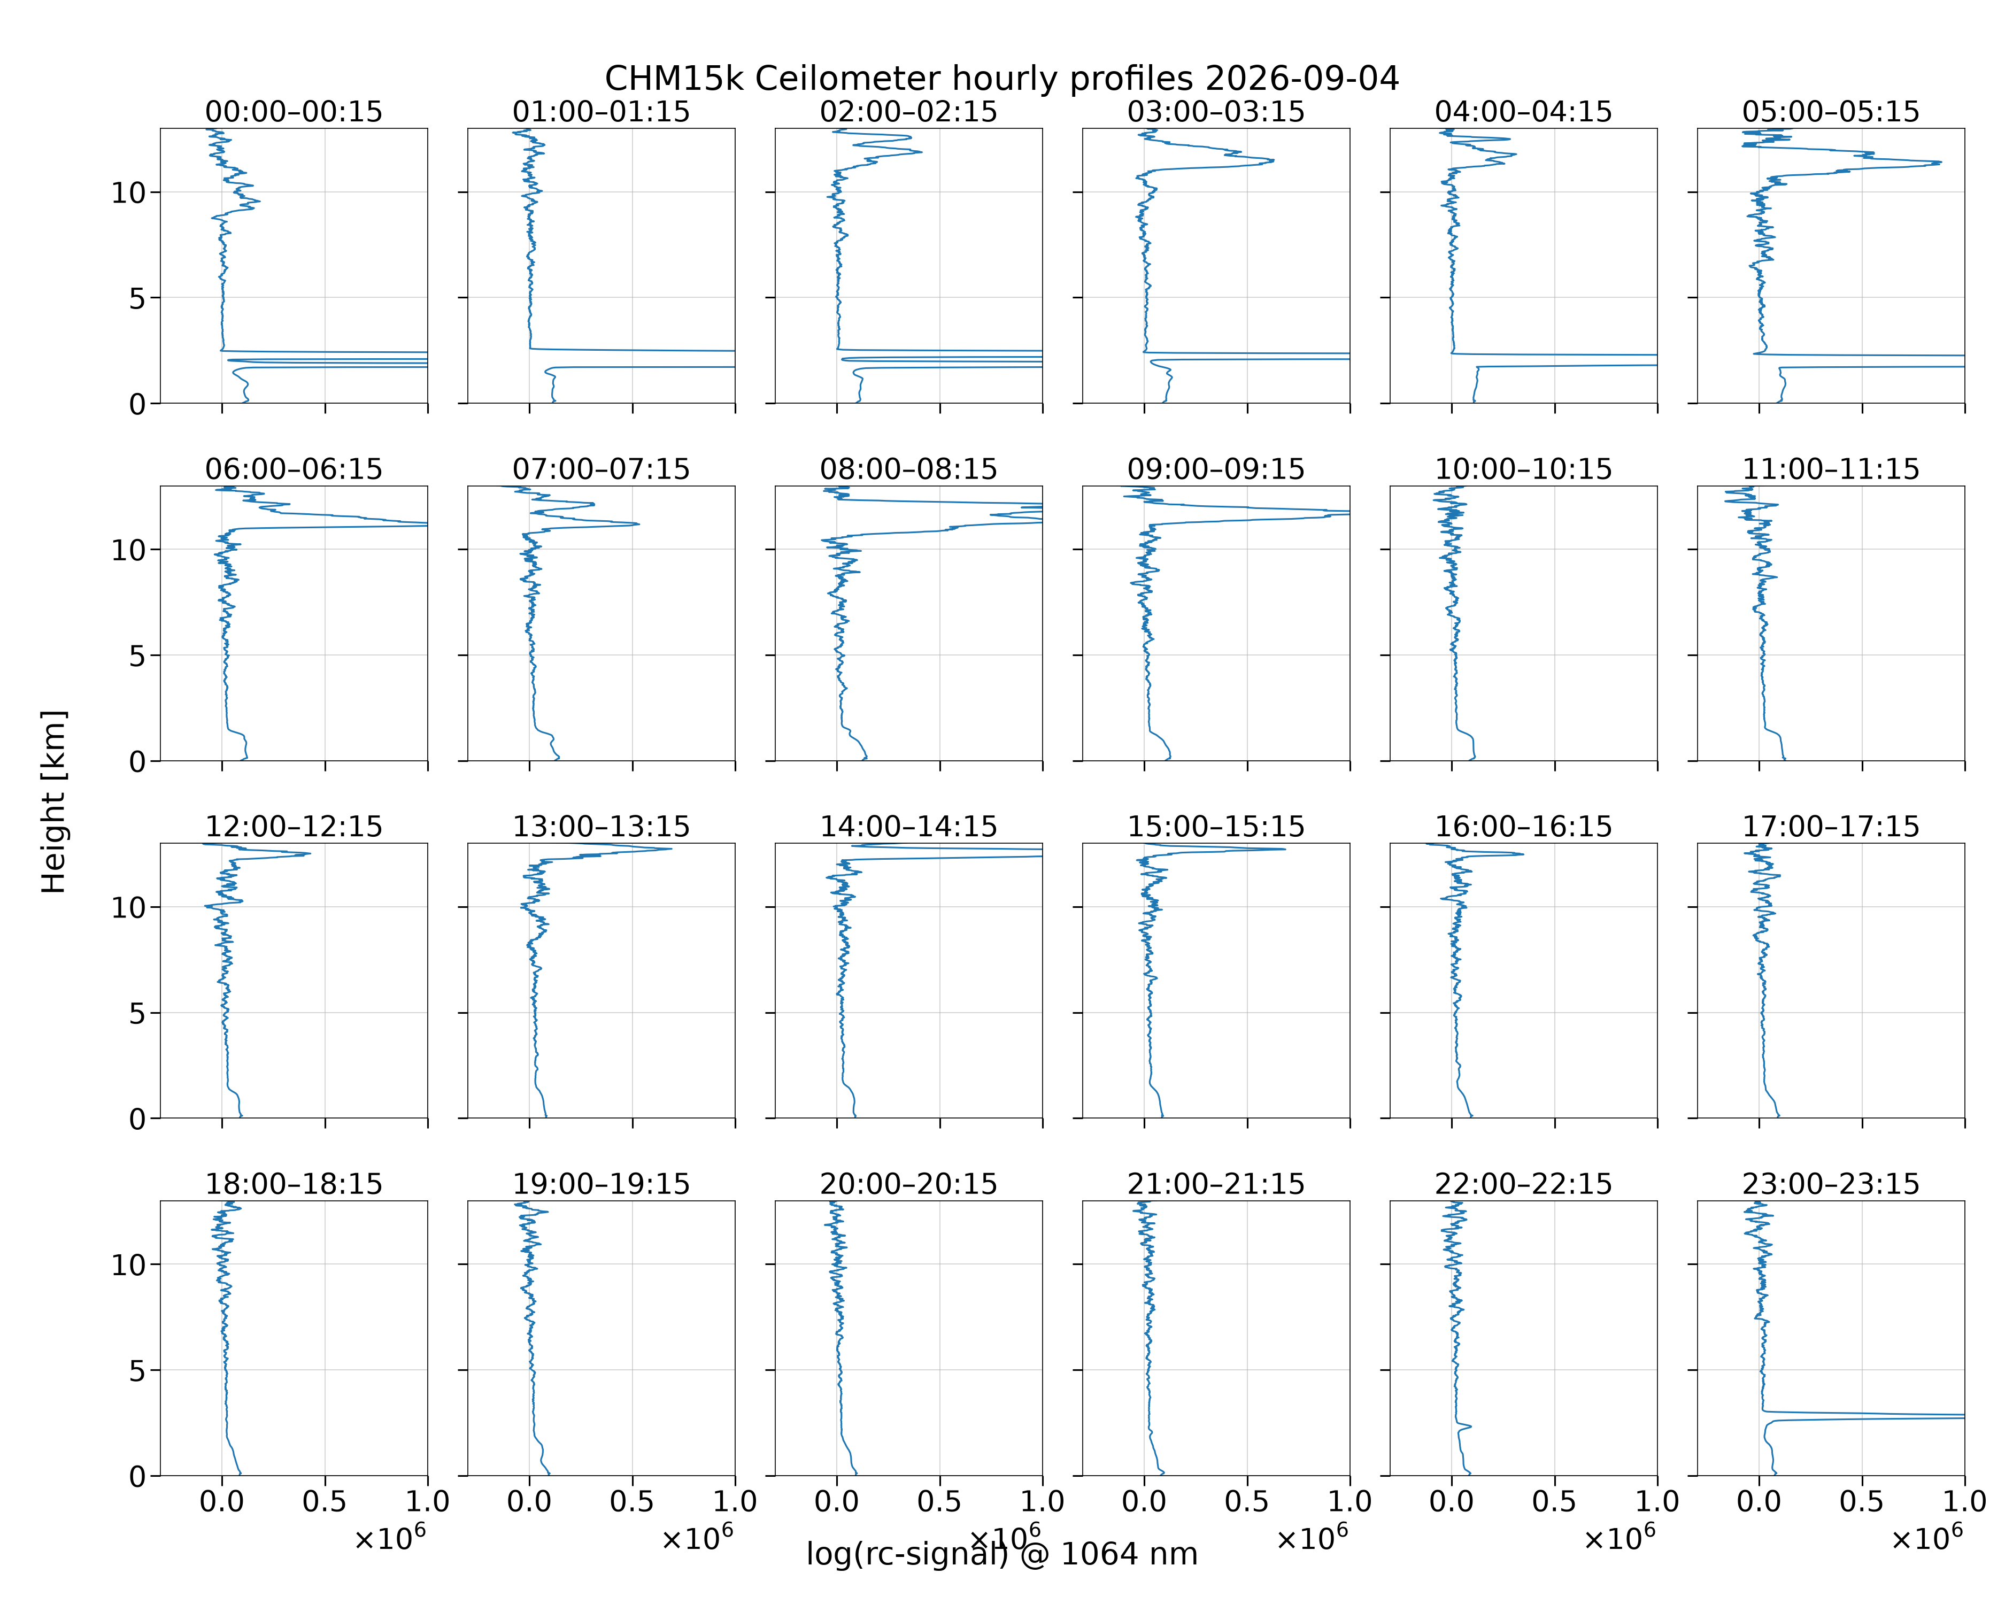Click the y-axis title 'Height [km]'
pos(54,801)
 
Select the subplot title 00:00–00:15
pos(294,112)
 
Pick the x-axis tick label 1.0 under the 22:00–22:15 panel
pos(1657,1502)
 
